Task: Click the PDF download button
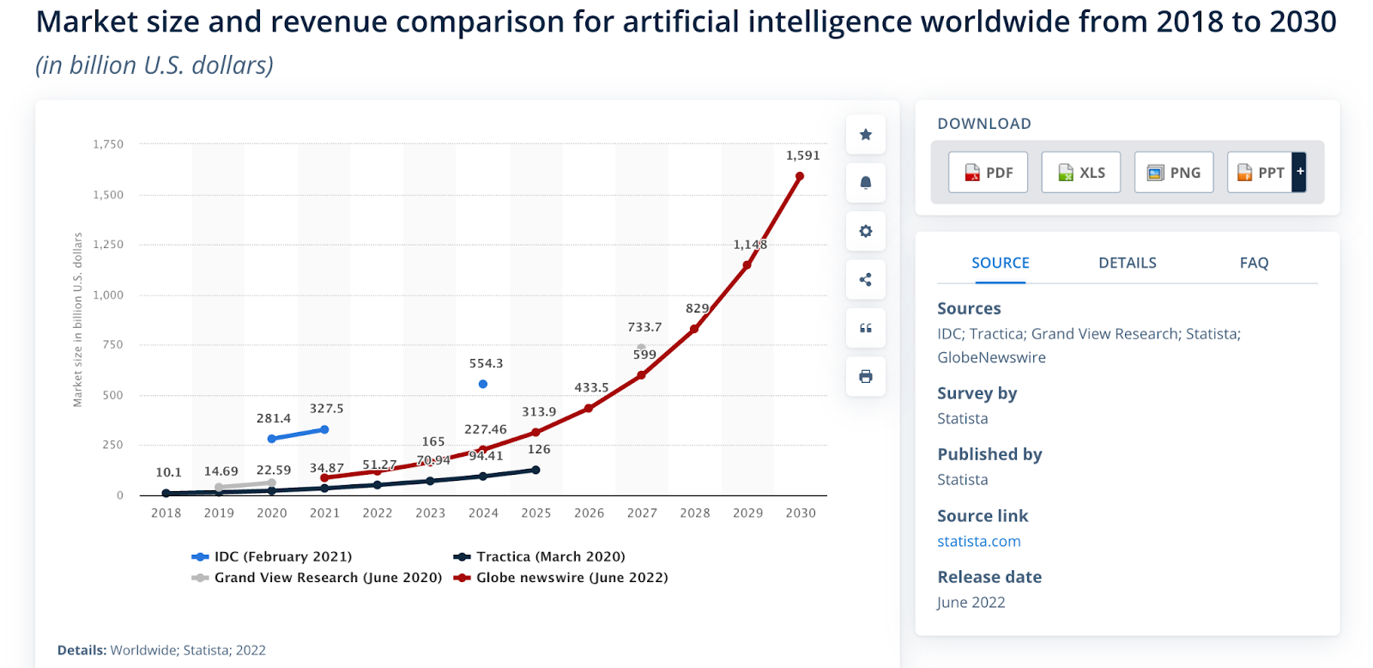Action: pos(988,173)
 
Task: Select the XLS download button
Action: pos(1080,173)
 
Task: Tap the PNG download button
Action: pos(1173,173)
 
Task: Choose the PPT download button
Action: pos(1261,173)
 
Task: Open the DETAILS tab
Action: pos(1127,263)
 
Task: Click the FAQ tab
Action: pos(1253,263)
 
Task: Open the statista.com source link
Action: pos(978,541)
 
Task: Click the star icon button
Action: pos(865,135)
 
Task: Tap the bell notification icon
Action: pos(865,183)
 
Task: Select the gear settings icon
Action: pos(865,231)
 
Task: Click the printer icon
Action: pos(865,376)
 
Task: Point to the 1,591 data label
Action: pos(802,155)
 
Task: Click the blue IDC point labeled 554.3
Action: pos(482,384)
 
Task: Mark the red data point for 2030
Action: pos(800,176)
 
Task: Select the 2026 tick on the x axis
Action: pos(589,513)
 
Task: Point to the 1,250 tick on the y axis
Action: pos(108,245)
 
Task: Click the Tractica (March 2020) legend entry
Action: pos(540,556)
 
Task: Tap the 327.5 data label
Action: pos(326,409)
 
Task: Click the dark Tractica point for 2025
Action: pos(535,470)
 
